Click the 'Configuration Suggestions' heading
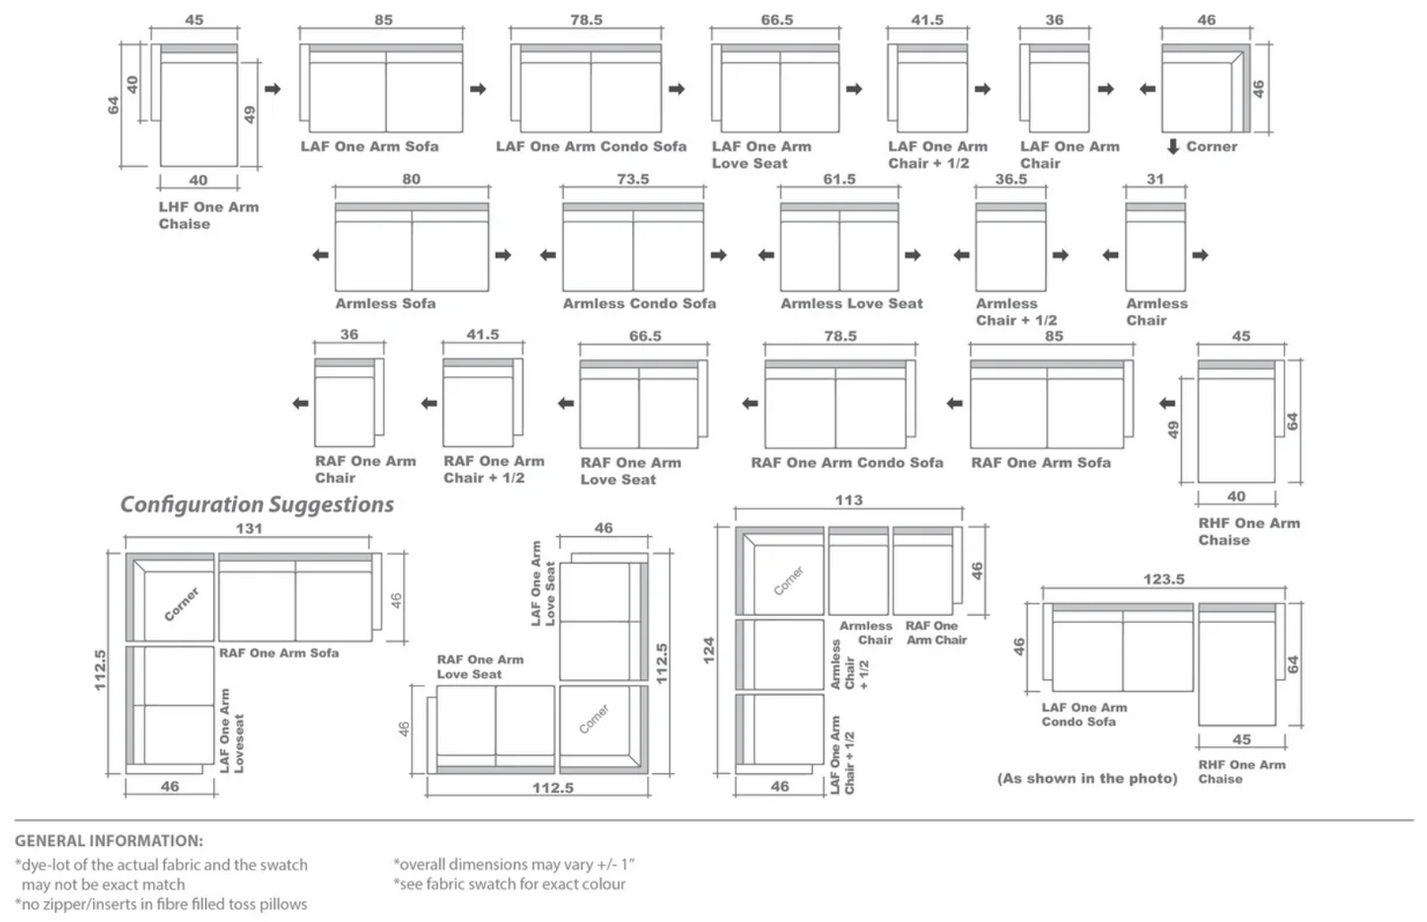(x=257, y=504)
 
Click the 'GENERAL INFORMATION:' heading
(x=109, y=841)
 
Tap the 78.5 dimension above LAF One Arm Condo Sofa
(x=586, y=20)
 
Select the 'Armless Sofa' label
(x=385, y=304)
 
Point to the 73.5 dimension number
(x=633, y=180)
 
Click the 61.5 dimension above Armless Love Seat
(x=839, y=180)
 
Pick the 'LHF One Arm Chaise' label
(x=208, y=215)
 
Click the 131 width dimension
(x=249, y=529)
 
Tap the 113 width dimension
(x=848, y=500)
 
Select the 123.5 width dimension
(x=1163, y=579)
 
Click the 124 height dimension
(x=708, y=650)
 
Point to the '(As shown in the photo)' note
(x=1087, y=779)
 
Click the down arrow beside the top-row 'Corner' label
(x=1173, y=147)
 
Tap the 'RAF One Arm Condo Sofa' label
(x=846, y=463)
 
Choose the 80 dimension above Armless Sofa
(x=411, y=180)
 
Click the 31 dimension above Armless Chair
(x=1155, y=180)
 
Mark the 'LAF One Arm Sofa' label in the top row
(x=369, y=147)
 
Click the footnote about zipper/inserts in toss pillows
(x=161, y=904)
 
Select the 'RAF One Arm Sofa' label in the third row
(x=1041, y=463)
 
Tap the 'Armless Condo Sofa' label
(x=639, y=304)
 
